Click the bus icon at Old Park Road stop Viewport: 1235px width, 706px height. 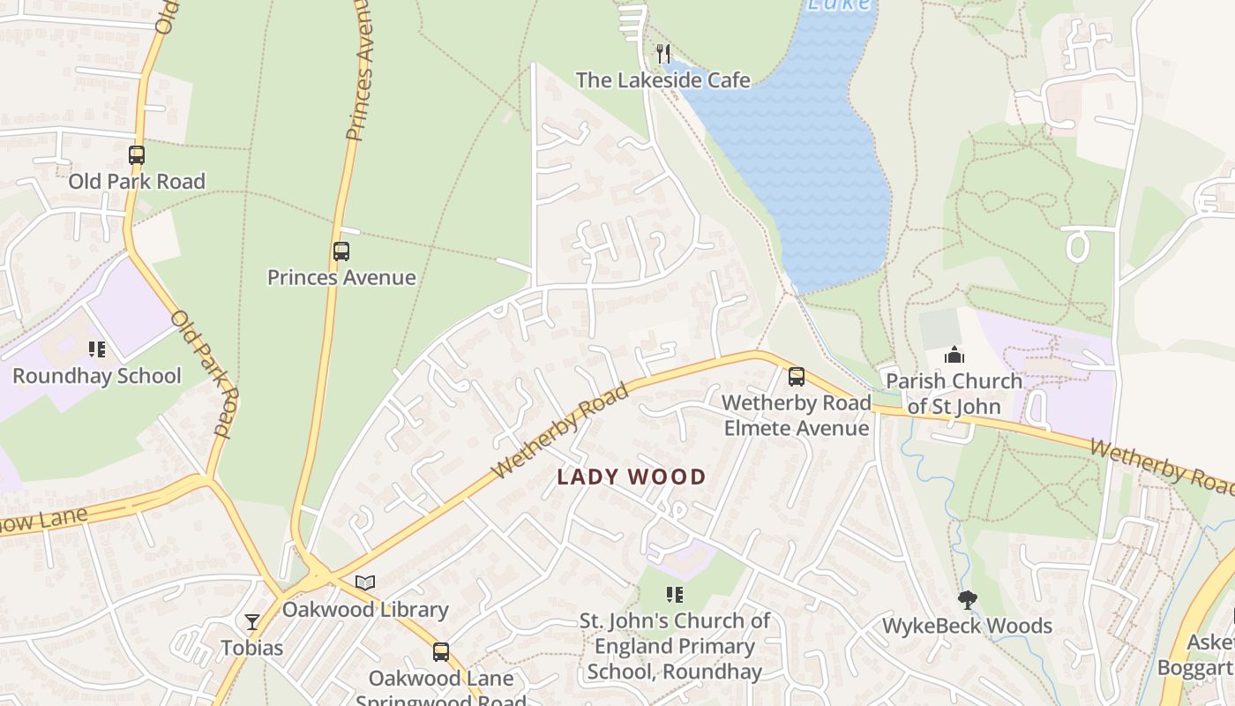tap(137, 155)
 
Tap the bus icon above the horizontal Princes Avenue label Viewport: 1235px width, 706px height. tap(341, 252)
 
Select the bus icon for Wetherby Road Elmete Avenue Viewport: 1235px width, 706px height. tap(797, 377)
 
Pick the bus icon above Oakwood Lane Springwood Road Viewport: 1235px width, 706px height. tap(441, 652)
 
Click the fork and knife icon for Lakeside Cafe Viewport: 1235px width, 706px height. tap(663, 54)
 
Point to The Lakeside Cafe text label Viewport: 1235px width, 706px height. tap(663, 80)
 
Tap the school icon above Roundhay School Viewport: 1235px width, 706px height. tap(97, 349)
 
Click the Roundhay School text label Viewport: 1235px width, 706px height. tap(97, 376)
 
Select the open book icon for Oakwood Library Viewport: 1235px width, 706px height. tap(365, 582)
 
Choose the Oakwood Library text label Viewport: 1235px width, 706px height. tap(365, 610)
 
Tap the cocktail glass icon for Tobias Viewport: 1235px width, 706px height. tap(252, 622)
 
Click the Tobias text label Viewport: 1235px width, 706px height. tap(252, 648)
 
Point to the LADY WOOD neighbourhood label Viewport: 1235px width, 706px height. tap(632, 477)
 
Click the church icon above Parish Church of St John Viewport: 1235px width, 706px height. tap(954, 355)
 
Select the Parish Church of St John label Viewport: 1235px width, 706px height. tap(954, 394)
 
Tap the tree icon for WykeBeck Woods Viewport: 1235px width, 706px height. tap(968, 600)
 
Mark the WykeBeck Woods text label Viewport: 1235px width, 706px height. tap(968, 627)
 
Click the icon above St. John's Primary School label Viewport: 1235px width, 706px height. tap(675, 595)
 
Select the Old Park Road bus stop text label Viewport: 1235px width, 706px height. tap(137, 182)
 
